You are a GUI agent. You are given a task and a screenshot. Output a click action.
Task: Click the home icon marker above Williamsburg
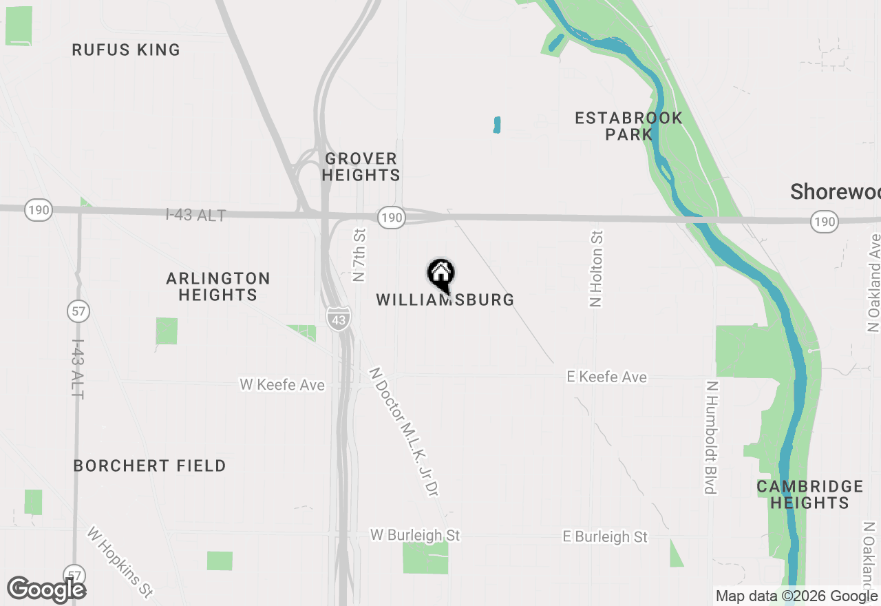(440, 273)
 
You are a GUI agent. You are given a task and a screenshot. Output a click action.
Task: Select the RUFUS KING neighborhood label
(127, 50)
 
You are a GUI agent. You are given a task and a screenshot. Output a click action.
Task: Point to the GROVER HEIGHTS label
(361, 167)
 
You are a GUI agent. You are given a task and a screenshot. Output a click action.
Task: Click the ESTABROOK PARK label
(628, 126)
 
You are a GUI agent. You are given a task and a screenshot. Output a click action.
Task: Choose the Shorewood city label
(835, 191)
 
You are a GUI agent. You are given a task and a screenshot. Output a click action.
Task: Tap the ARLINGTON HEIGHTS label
(218, 286)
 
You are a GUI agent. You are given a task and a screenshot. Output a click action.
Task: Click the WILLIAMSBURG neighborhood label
(445, 300)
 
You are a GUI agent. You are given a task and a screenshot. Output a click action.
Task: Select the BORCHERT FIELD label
(150, 466)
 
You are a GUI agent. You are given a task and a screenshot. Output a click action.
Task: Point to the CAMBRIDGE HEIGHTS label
(809, 494)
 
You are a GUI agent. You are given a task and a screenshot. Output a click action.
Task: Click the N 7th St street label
(359, 255)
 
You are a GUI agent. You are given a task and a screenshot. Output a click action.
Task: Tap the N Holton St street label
(596, 269)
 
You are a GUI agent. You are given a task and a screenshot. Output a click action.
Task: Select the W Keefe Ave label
(282, 384)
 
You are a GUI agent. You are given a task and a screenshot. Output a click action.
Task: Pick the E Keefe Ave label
(606, 377)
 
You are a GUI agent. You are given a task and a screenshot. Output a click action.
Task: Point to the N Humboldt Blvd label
(711, 437)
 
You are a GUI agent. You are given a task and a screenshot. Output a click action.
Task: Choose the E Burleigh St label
(605, 536)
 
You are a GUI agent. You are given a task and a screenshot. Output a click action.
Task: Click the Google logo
(46, 589)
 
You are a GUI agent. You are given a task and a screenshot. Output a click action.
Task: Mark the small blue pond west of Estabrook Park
(497, 125)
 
